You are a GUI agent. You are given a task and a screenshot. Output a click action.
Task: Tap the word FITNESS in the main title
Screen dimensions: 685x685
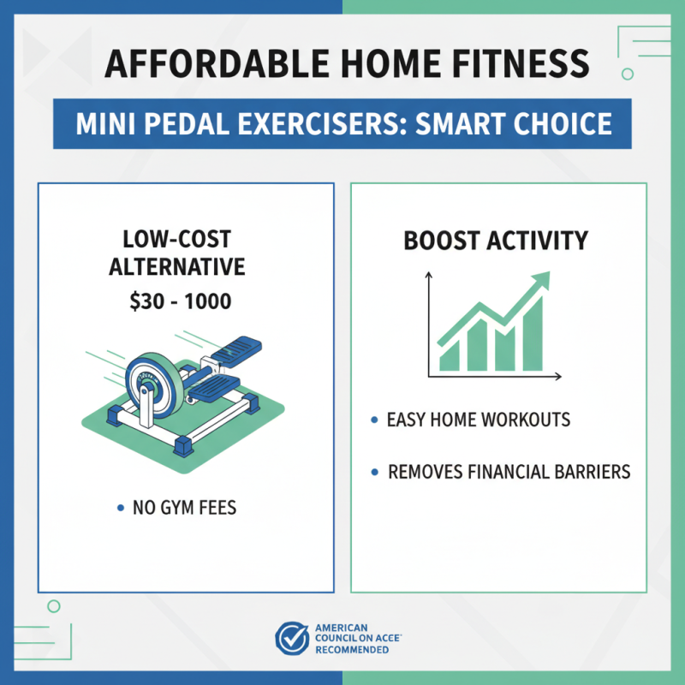tap(526, 64)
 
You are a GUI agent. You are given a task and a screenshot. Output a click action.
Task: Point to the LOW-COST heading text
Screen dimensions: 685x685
tap(176, 239)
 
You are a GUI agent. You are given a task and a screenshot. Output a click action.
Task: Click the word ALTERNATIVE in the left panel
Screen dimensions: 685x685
tap(176, 266)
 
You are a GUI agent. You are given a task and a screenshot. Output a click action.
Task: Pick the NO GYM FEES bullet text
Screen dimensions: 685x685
tap(184, 509)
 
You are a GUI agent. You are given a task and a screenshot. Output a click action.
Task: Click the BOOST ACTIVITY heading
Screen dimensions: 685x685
tap(496, 241)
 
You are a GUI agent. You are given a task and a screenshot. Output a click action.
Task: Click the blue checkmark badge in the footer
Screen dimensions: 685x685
tap(291, 639)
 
